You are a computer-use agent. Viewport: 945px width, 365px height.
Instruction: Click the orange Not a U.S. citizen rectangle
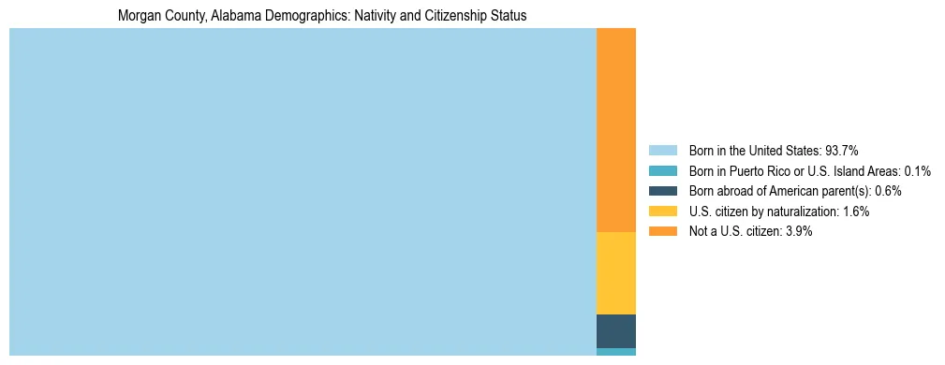pos(615,129)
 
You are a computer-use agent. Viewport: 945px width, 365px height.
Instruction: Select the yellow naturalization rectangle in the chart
pos(615,272)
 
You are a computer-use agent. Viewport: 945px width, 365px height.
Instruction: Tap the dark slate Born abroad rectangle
pos(615,330)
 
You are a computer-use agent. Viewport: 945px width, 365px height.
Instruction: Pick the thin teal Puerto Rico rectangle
pos(615,352)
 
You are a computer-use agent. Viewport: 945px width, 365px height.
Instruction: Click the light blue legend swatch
pos(662,150)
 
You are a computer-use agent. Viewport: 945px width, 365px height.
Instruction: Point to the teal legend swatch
pos(662,170)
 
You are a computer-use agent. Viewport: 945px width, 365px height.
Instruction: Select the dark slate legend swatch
pos(662,191)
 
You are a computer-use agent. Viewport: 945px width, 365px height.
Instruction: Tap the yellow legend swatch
pos(662,212)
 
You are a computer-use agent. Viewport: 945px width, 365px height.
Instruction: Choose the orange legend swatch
pos(662,231)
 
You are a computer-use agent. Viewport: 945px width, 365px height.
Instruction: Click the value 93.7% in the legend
pos(841,150)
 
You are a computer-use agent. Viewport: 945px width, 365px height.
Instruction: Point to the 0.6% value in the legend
pos(888,191)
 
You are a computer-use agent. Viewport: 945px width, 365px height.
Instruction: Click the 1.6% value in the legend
pos(855,212)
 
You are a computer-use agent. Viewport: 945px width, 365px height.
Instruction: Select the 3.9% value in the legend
pos(798,231)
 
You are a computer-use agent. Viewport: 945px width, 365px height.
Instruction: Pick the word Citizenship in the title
pos(444,16)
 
